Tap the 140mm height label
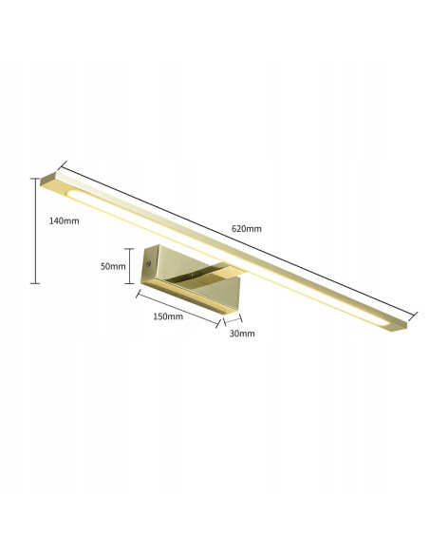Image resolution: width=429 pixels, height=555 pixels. tap(64, 220)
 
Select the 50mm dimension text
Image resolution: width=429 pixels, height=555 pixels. tap(113, 267)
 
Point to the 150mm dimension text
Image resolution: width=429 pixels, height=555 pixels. tap(168, 316)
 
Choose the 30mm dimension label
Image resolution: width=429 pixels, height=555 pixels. tap(241, 334)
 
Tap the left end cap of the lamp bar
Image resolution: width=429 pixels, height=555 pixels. tap(54, 182)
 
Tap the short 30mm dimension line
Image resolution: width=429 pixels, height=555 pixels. tap(233, 318)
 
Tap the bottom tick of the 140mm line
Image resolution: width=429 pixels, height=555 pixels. tap(35, 283)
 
